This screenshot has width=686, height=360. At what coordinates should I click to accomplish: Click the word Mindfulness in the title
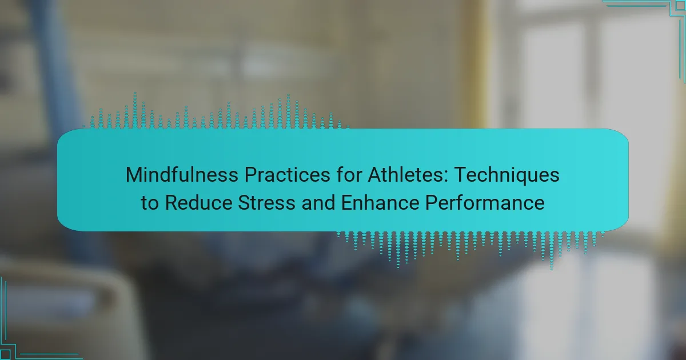pyautogui.click(x=182, y=175)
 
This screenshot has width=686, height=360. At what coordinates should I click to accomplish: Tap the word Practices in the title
pyautogui.click(x=287, y=175)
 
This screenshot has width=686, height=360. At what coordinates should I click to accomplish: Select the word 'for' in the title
pyautogui.click(x=349, y=175)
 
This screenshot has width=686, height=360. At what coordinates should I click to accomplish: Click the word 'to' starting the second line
pyautogui.click(x=150, y=203)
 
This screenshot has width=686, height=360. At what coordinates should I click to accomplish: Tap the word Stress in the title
pyautogui.click(x=266, y=202)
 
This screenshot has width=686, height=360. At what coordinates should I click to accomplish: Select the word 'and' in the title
pyautogui.click(x=318, y=202)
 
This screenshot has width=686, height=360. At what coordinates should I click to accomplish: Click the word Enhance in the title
pyautogui.click(x=380, y=202)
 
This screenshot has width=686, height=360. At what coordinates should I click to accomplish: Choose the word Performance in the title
pyautogui.click(x=485, y=202)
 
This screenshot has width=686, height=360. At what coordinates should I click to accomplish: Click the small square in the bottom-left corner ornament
pyautogui.click(x=5, y=354)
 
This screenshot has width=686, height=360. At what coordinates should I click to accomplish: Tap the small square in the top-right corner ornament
pyautogui.click(x=680, y=6)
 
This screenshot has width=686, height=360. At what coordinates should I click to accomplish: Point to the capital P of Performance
pyautogui.click(x=432, y=202)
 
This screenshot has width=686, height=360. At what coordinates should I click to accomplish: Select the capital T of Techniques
pyautogui.click(x=461, y=175)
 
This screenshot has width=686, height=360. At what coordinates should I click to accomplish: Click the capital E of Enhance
pyautogui.click(x=347, y=202)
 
